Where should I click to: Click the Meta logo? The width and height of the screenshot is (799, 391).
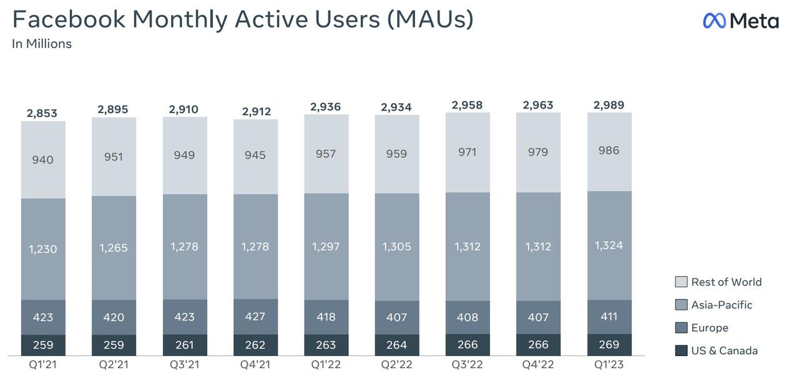pos(740,21)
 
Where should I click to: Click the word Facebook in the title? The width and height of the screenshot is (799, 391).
pos(69,19)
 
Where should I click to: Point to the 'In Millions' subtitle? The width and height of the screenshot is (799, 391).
pos(42,44)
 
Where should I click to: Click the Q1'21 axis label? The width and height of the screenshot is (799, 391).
pos(43,364)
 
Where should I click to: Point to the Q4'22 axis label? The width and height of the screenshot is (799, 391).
pos(538,364)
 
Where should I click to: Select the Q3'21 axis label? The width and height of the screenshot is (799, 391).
pos(184,364)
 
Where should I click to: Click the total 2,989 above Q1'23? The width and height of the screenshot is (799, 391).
pos(609,105)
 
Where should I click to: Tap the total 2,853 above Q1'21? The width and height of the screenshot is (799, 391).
pos(42,113)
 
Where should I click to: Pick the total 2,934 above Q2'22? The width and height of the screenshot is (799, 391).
pos(396,107)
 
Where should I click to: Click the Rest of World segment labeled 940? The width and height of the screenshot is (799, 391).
pos(43,160)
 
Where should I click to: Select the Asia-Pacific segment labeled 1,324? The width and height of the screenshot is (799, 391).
pos(609,245)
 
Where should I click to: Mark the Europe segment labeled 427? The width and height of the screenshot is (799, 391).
pos(255,317)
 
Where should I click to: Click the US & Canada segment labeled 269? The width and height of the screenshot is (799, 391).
pos(609,345)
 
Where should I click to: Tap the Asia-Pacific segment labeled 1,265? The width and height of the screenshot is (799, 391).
pos(114,248)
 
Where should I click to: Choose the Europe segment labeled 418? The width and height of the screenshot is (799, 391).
pos(326,317)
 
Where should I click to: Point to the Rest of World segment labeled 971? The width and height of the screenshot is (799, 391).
pos(468,152)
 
